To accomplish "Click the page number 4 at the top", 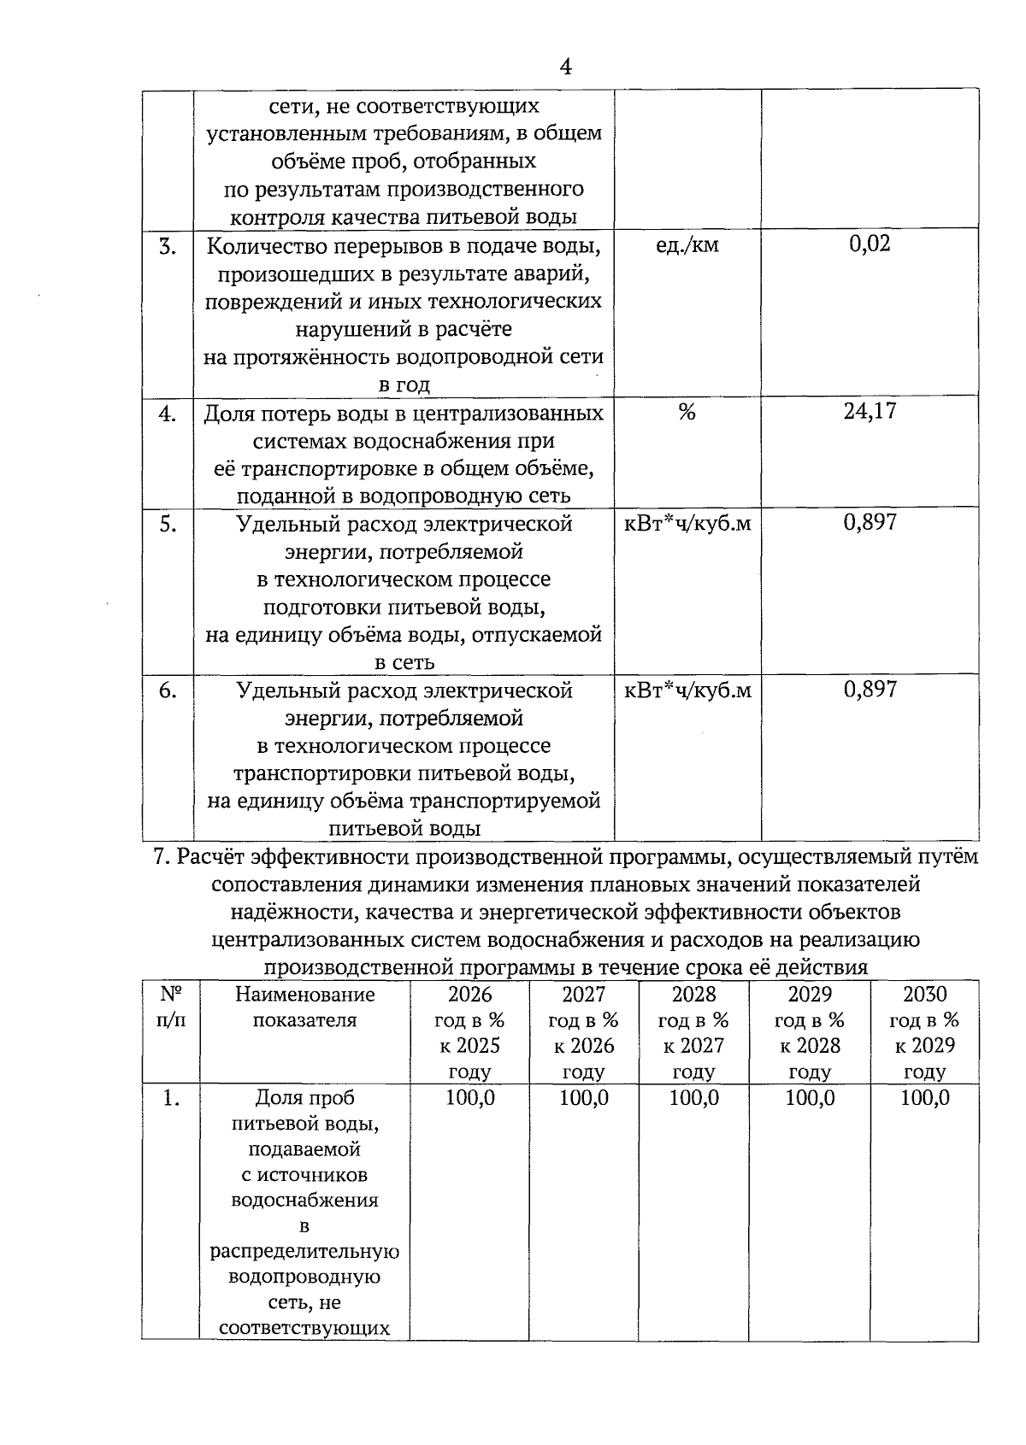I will click(x=565, y=67).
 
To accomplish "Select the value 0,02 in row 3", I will click(x=870, y=244).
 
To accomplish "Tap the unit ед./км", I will click(x=687, y=245).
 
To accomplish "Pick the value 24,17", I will click(x=870, y=412).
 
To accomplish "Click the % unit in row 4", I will click(x=687, y=413).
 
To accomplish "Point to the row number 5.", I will click(x=168, y=524).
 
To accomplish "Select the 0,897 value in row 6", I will click(x=870, y=690).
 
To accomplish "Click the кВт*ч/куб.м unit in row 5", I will click(x=687, y=523).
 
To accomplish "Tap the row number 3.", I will click(x=168, y=247).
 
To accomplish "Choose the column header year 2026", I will click(x=469, y=994).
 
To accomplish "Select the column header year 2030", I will click(x=924, y=994).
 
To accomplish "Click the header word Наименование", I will click(x=304, y=995).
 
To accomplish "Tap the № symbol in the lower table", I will click(x=170, y=994).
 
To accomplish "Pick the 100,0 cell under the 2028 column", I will click(x=693, y=1098).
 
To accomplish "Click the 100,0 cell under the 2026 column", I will click(x=469, y=1098).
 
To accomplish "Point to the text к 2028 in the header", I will click(x=809, y=1046).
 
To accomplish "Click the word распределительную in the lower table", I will click(x=305, y=1252).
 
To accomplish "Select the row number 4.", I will click(x=168, y=414).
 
